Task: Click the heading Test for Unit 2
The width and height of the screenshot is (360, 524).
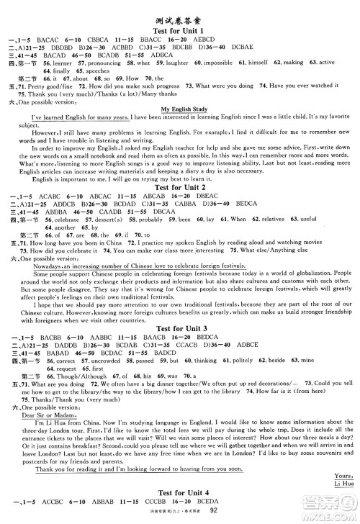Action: [x=180, y=184]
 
